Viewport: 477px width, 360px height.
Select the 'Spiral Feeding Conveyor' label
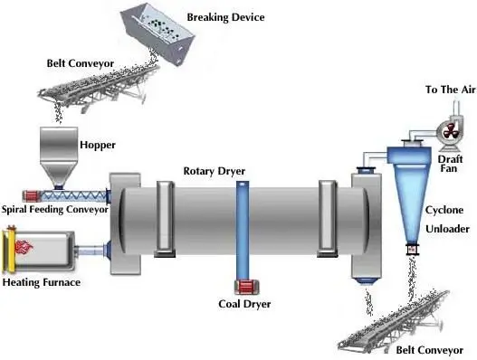tap(54, 209)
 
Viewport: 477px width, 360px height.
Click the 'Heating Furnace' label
tap(42, 283)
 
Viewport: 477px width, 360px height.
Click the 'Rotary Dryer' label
tap(214, 171)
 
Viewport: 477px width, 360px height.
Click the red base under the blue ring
tap(243, 287)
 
